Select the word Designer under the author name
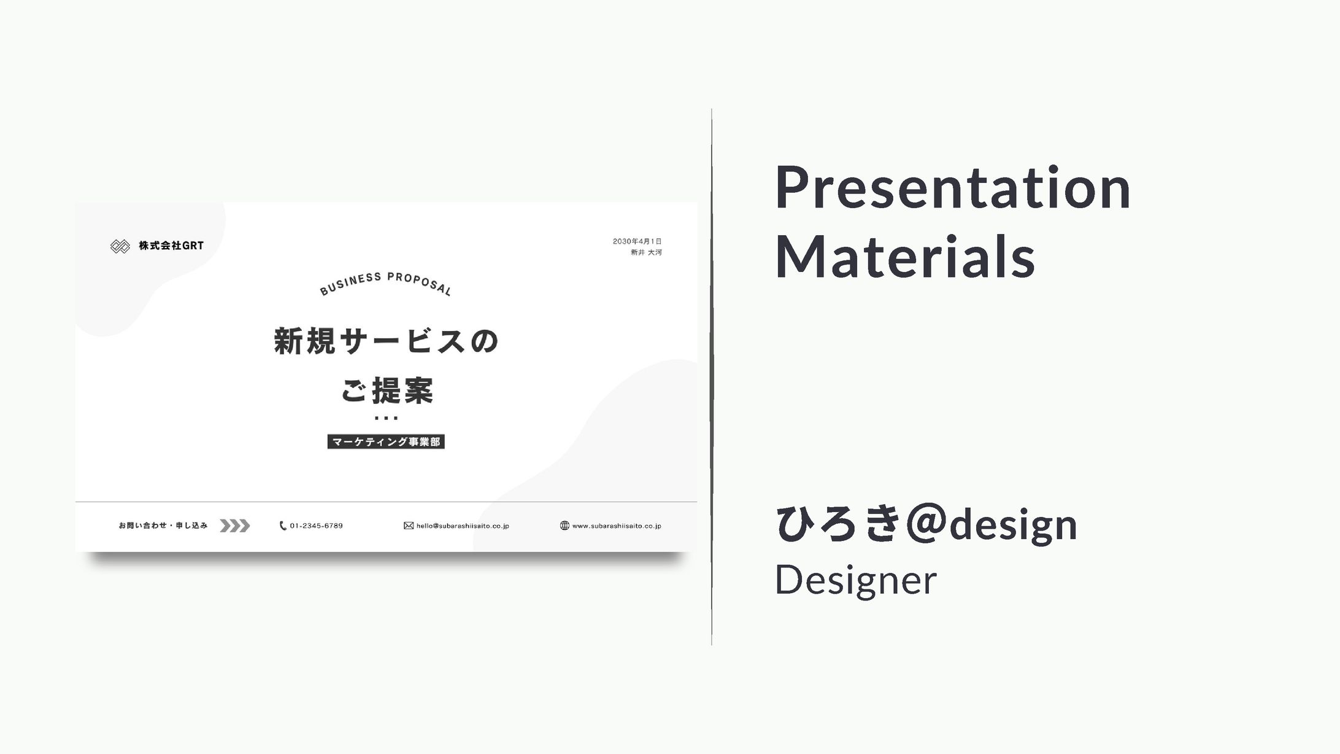pyautogui.click(x=856, y=580)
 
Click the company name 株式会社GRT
pyautogui.click(x=171, y=246)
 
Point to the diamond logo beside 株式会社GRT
pyautogui.click(x=120, y=246)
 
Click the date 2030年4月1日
pyautogui.click(x=637, y=241)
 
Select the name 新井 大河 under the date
pyautogui.click(x=646, y=252)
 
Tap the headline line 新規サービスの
pyautogui.click(x=386, y=341)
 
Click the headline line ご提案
pyautogui.click(x=387, y=391)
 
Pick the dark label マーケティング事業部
pyautogui.click(x=386, y=441)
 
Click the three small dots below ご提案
pyautogui.click(x=386, y=418)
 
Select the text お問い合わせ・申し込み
pyautogui.click(x=163, y=526)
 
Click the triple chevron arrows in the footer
pyautogui.click(x=235, y=526)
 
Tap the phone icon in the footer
pyautogui.click(x=283, y=526)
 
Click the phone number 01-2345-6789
pyautogui.click(x=317, y=526)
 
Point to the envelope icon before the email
pyautogui.click(x=409, y=526)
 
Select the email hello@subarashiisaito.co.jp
pyautogui.click(x=463, y=526)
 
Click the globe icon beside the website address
pyautogui.click(x=564, y=526)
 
